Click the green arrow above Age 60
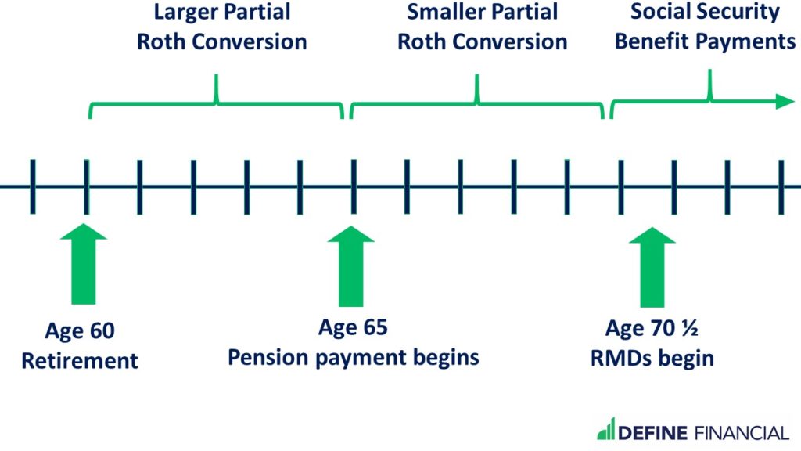coord(83,264)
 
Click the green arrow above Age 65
coord(351,266)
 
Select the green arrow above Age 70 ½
coord(652,267)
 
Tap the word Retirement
coord(80,360)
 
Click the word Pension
coord(268,357)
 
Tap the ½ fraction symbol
coord(689,328)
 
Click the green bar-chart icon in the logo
coord(606,428)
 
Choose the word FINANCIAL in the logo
coord(742,433)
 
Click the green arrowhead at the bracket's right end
coord(785,101)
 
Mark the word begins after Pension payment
coord(446,358)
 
